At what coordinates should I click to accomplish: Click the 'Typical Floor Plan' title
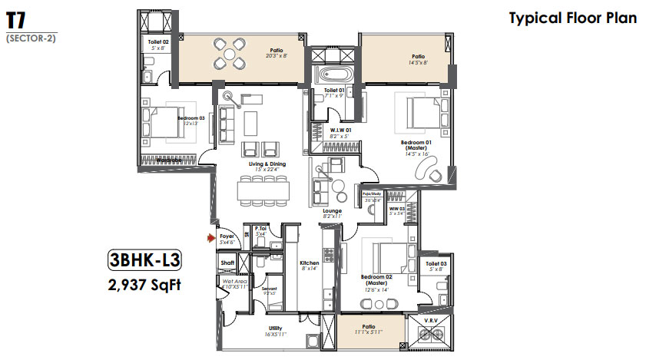pyautogui.click(x=572, y=18)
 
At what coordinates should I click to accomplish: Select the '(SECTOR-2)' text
pyautogui.click(x=31, y=38)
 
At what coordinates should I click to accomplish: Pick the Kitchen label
pyautogui.click(x=310, y=263)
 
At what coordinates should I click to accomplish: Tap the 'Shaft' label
pyautogui.click(x=227, y=263)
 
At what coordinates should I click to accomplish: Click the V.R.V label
pyautogui.click(x=431, y=319)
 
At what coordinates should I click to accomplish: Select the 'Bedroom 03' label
pyautogui.click(x=189, y=118)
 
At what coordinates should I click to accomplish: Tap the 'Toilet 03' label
pyautogui.click(x=436, y=263)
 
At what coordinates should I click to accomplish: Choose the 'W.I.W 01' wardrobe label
pyautogui.click(x=341, y=130)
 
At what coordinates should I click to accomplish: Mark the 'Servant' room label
pyautogui.click(x=268, y=289)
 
